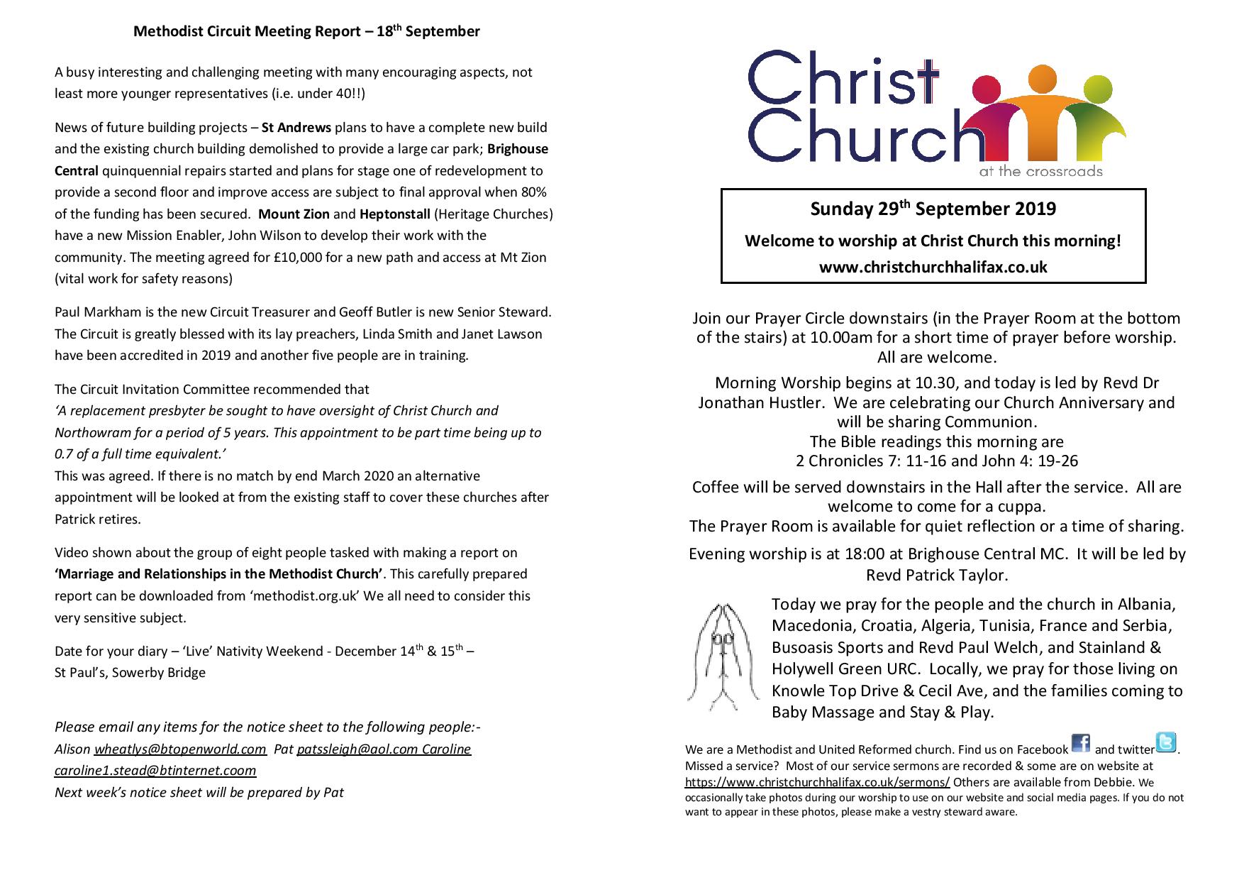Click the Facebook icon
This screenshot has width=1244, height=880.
(1080, 743)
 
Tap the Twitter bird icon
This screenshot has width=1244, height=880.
(1166, 742)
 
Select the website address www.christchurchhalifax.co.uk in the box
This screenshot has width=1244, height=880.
(933, 268)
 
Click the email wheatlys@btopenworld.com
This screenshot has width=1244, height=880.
(180, 749)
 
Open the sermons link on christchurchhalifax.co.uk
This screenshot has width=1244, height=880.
(817, 783)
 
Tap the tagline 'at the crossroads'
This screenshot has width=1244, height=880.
(1040, 171)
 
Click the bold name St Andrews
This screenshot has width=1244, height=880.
(296, 128)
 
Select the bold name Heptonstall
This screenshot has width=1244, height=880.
(394, 214)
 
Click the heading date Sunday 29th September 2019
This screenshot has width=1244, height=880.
(933, 209)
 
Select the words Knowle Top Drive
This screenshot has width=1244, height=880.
(826, 691)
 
